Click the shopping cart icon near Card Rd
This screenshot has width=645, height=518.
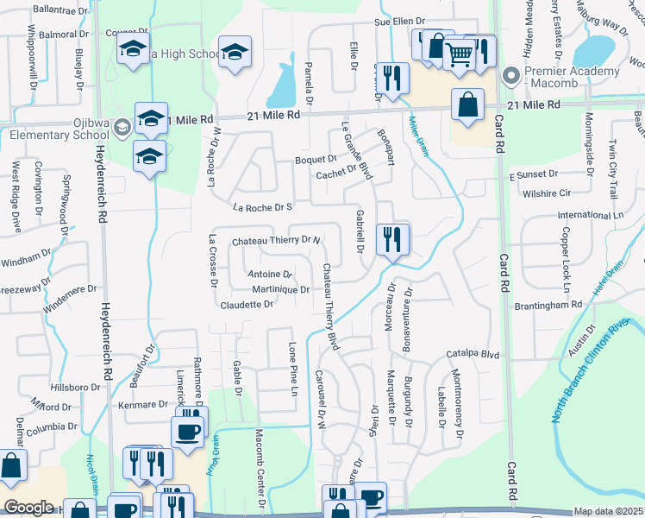click(459, 54)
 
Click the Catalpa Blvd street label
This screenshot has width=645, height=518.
click(473, 354)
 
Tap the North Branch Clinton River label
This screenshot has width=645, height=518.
click(598, 371)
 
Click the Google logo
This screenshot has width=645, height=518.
click(28, 508)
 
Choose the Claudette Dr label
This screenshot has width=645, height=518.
click(247, 305)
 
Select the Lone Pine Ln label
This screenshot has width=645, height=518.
click(293, 368)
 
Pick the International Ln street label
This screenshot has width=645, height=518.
click(590, 214)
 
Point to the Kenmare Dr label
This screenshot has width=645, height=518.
click(145, 404)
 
